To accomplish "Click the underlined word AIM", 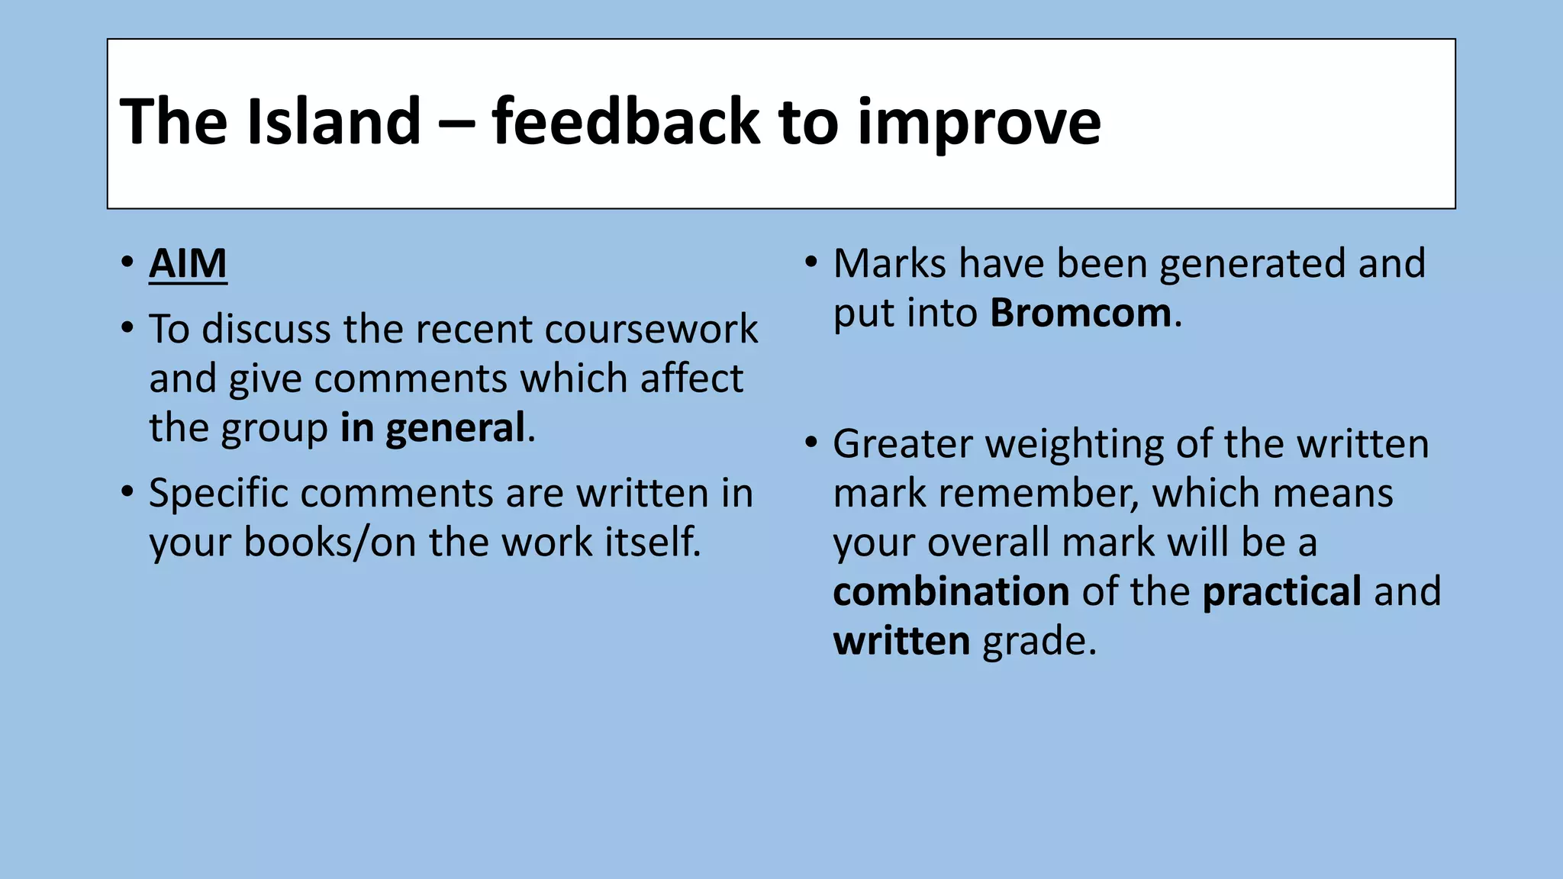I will point(188,264).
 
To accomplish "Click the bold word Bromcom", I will point(1081,313).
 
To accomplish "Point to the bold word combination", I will point(951,591).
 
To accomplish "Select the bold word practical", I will point(1282,591).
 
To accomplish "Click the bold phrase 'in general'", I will point(432,427).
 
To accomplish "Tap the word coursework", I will point(651,329).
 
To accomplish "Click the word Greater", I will point(902,444).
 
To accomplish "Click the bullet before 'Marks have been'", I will point(811,262).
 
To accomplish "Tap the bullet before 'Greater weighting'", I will point(811,443).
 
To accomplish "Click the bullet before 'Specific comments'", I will point(127,491).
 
